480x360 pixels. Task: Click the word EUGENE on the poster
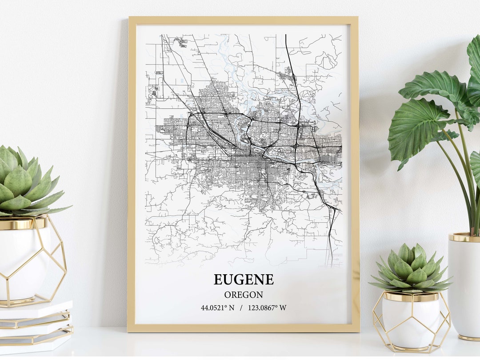pyautogui.click(x=244, y=280)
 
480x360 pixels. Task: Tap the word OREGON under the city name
pyautogui.click(x=244, y=295)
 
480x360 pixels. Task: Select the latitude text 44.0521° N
pyautogui.click(x=217, y=308)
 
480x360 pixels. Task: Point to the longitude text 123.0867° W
pyautogui.click(x=267, y=308)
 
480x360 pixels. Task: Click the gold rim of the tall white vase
pyautogui.click(x=464, y=237)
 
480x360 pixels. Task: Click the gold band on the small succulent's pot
pyautogui.click(x=411, y=297)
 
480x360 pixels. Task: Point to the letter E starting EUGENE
pyautogui.click(x=218, y=280)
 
